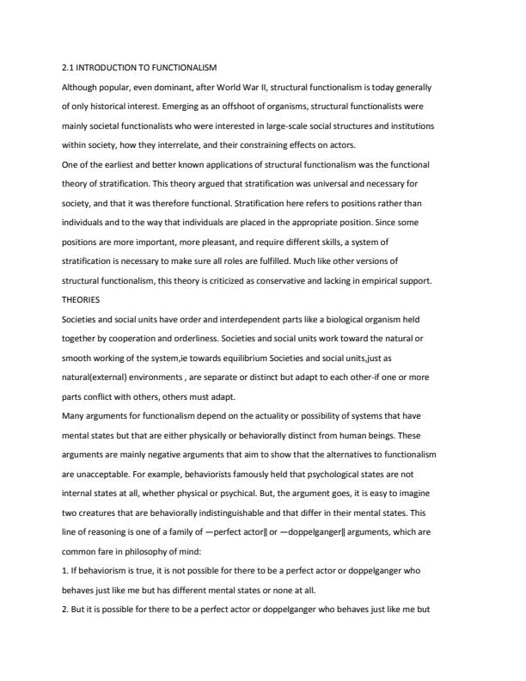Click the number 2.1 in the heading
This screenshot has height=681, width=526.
67,67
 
